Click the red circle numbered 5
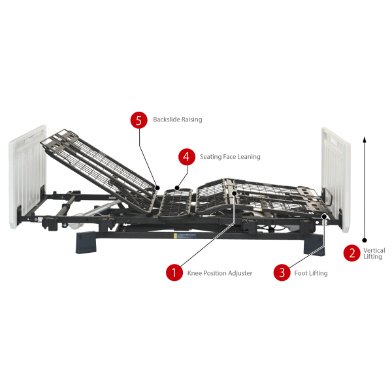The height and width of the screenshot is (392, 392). (x=138, y=120)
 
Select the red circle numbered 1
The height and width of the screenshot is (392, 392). (x=174, y=272)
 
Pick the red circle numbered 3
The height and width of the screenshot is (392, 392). (x=282, y=272)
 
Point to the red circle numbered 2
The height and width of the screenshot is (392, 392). (x=352, y=253)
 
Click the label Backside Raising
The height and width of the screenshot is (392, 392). (x=177, y=120)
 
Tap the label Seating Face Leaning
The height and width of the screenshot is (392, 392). (x=230, y=157)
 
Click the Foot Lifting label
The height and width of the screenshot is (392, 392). (x=312, y=273)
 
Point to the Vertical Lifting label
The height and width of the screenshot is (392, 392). (x=374, y=253)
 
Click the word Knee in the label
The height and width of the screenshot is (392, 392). (x=194, y=273)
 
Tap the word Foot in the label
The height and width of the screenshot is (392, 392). (x=302, y=273)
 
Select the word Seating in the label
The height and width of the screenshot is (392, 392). (x=211, y=157)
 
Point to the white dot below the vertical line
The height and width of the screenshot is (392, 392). (x=365, y=239)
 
